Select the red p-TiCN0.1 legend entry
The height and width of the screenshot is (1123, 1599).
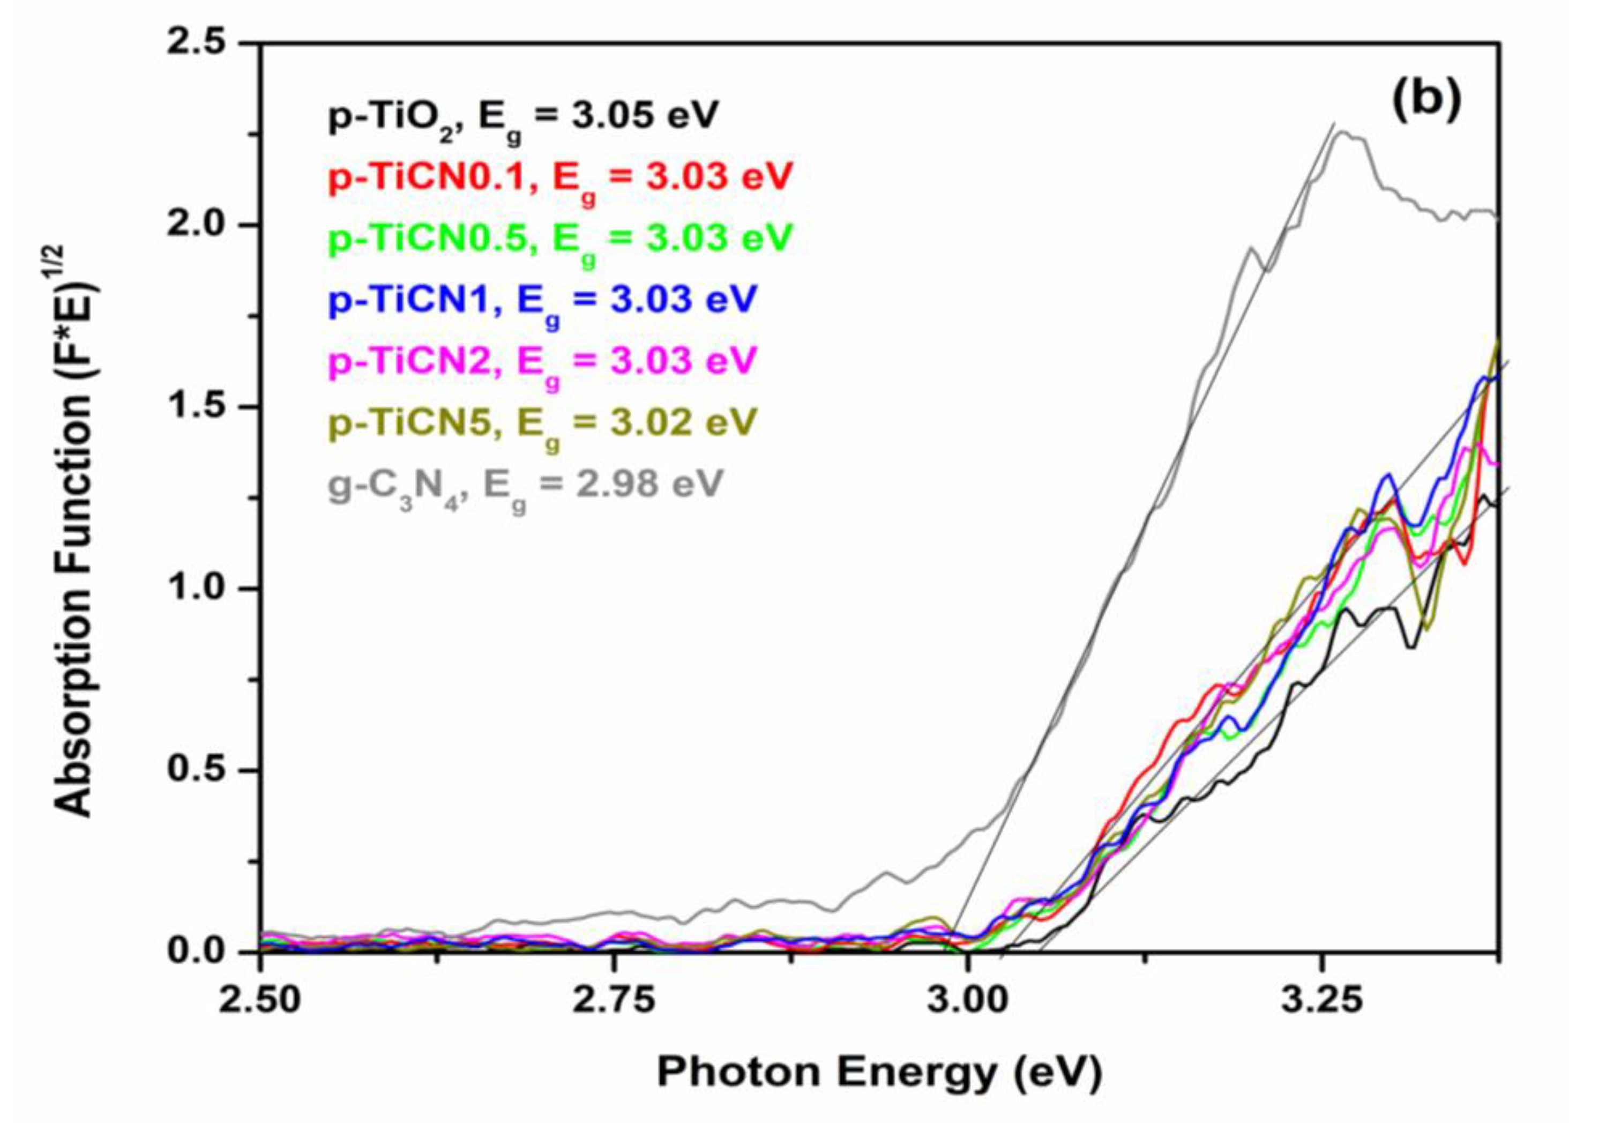[561, 179]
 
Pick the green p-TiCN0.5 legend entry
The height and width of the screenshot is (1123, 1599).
[561, 240]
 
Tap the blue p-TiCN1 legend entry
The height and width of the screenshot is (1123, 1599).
[542, 300]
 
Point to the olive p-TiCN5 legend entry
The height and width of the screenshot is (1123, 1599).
[542, 422]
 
